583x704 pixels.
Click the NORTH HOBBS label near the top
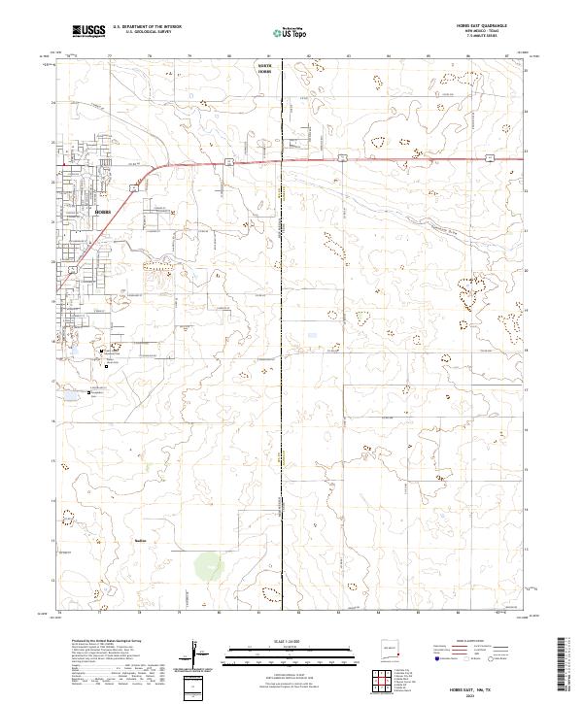coord(265,70)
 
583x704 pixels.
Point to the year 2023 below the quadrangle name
coord(490,695)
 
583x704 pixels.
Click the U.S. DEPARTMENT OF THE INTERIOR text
coord(147,27)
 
